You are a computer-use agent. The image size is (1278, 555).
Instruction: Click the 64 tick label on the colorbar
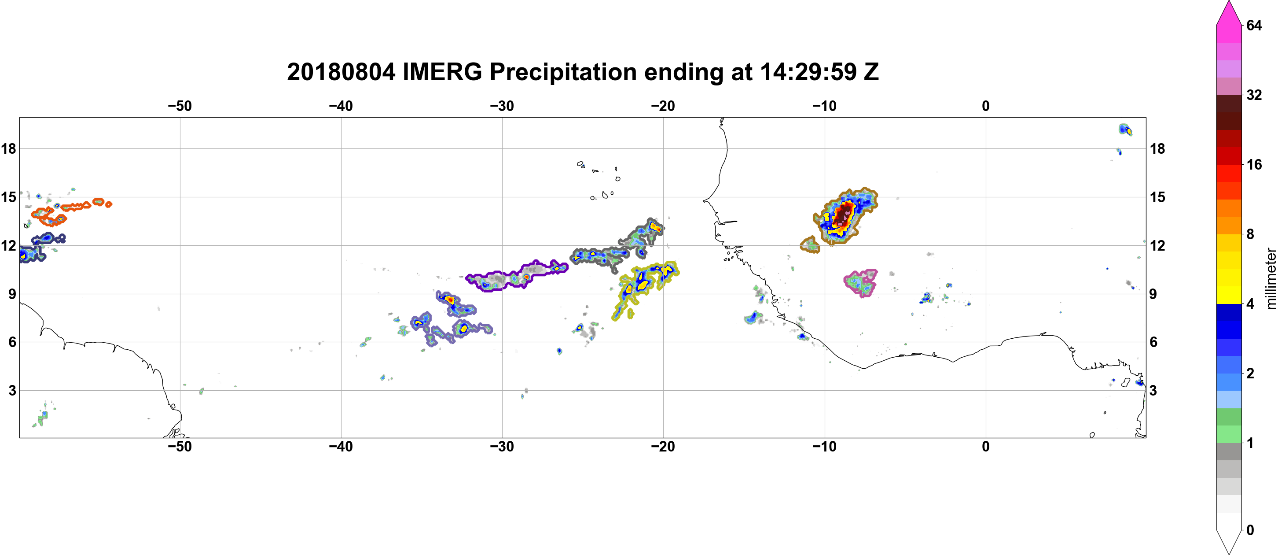tap(1254, 25)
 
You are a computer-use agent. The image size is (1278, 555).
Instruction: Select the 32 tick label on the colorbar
tap(1254, 95)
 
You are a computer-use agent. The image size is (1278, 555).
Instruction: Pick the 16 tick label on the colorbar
tap(1254, 164)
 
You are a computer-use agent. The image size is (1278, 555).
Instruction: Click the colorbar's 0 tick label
tap(1250, 530)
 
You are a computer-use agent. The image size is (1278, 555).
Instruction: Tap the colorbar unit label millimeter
tap(1271, 278)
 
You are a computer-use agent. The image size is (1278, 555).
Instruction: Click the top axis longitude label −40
tap(341, 106)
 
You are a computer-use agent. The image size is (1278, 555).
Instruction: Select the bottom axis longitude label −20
tap(663, 446)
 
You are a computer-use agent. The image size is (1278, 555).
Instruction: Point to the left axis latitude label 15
tap(8, 197)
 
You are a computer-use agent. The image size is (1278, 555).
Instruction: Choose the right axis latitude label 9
tap(1153, 294)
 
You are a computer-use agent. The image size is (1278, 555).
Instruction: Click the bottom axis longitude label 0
tap(986, 446)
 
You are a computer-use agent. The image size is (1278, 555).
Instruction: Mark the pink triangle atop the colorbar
tap(1229, 12)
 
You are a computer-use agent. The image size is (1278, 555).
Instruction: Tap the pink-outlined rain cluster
tap(861, 283)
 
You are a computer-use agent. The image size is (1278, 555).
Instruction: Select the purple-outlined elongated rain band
tap(516, 274)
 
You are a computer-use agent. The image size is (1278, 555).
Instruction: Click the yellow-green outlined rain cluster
tap(645, 288)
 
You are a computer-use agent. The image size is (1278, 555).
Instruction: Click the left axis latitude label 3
tap(12, 390)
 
